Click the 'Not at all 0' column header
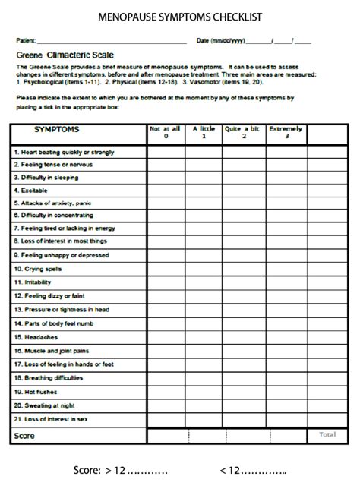coord(166,133)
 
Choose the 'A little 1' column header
coord(203,133)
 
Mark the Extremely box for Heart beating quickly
coord(286,151)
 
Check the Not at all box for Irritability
coord(166,282)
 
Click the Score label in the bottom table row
coord(24,436)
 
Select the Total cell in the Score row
coord(327,436)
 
